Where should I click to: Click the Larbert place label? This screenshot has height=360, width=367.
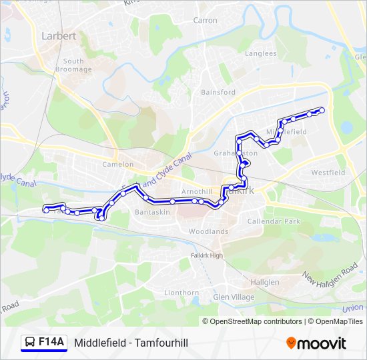[59, 35]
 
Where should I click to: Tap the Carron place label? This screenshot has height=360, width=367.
[205, 21]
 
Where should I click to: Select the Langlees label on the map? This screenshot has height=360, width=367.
[260, 53]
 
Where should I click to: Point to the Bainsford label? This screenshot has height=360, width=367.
[218, 92]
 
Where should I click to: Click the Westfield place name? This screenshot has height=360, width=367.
[328, 173]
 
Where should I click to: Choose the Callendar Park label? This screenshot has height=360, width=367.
[274, 221]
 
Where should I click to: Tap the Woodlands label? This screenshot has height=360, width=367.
[208, 231]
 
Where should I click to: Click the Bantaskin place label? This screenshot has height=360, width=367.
[153, 212]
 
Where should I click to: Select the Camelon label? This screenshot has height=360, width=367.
[118, 164]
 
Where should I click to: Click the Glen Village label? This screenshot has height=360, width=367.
[234, 297]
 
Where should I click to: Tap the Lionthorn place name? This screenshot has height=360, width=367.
[181, 293]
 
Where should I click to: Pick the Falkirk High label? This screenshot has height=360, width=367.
[206, 255]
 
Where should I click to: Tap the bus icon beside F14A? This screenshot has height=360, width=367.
[30, 343]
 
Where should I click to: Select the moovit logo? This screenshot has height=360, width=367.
[316, 343]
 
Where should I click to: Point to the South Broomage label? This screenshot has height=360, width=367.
[73, 65]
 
